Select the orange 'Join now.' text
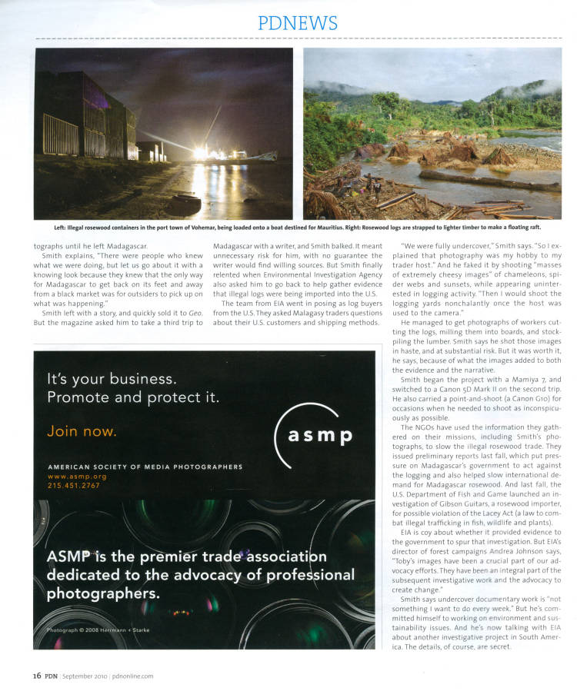tap(82, 431)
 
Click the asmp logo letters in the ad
tap(320, 436)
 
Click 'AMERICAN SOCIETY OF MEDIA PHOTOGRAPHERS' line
tap(145, 467)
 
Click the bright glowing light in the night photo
tap(202, 151)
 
